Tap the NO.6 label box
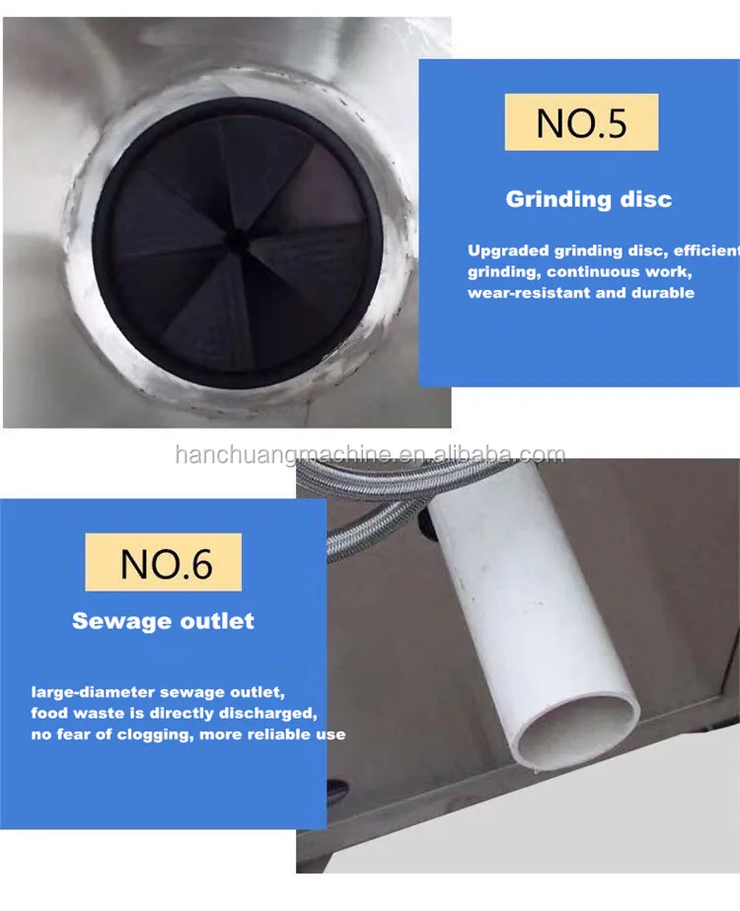point(164,562)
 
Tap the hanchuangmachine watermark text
point(370,455)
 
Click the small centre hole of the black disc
point(237,237)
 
